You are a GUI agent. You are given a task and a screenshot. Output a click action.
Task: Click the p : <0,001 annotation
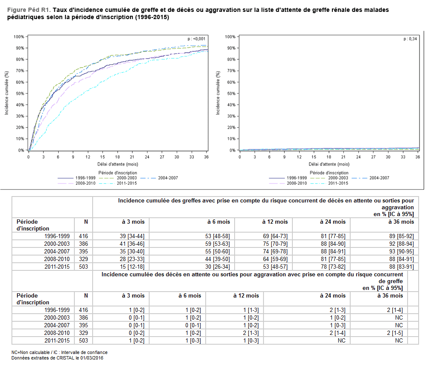coord(196,39)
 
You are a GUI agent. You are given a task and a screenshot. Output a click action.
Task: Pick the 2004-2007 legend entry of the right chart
coord(378,178)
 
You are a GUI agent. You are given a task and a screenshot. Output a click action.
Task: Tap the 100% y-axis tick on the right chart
coord(230,37)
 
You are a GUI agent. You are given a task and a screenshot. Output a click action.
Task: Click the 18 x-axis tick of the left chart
coord(117,157)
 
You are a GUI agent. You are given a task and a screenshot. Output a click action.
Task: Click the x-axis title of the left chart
coord(117,164)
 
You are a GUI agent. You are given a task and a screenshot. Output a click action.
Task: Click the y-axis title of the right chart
coord(218,93)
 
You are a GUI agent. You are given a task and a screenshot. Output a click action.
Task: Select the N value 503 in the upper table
coord(84,267)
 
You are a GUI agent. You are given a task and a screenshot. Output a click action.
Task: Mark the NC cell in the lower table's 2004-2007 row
coord(399,325)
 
